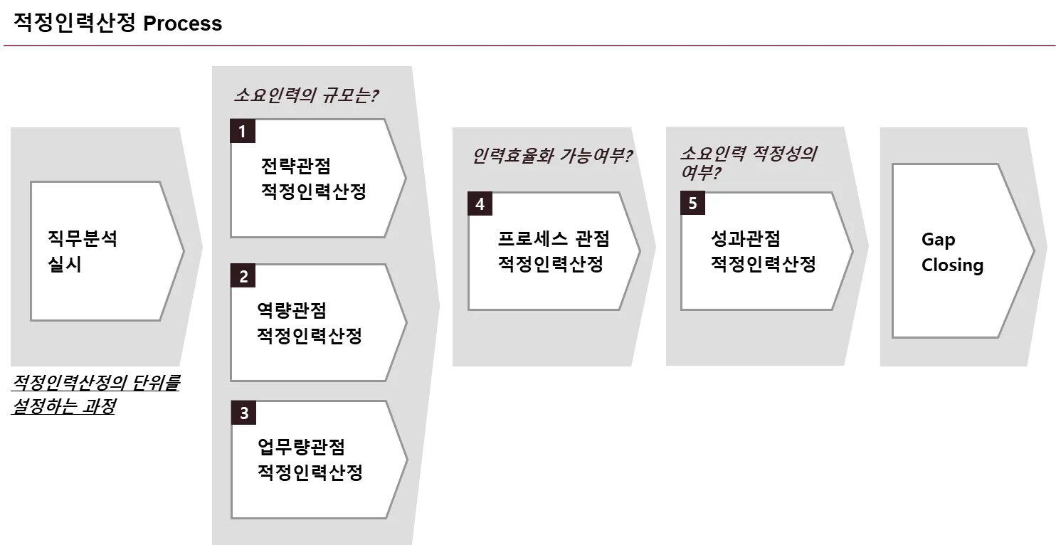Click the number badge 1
coord(243,132)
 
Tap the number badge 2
coord(243,277)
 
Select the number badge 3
coord(243,413)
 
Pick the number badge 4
coord(480,204)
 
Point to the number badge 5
coord(692,204)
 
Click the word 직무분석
coord(83,238)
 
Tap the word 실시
coord(65,265)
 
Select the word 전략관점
coord(296,166)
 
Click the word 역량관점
coord(292,310)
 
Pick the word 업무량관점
coord(302,447)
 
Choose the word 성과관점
coord(746,238)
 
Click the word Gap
coord(938,240)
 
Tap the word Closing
coord(952,265)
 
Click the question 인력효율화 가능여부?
coord(552,156)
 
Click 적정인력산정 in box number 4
coord(551,265)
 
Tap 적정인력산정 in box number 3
coord(310,473)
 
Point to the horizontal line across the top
coord(528,46)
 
